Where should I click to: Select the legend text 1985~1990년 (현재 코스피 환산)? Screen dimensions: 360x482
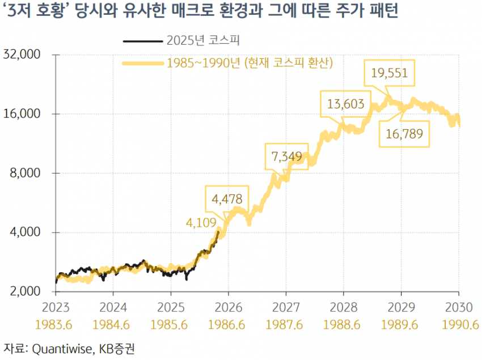(250, 62)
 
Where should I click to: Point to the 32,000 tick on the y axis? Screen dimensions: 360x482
(24, 55)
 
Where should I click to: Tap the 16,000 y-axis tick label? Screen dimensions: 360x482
(24, 114)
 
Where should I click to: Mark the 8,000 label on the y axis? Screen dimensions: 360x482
(27, 173)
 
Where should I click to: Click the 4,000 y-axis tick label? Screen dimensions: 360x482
(27, 232)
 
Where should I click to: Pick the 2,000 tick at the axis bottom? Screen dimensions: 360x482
(27, 291)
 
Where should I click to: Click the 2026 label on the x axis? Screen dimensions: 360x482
(228, 307)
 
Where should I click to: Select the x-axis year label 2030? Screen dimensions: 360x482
(458, 307)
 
